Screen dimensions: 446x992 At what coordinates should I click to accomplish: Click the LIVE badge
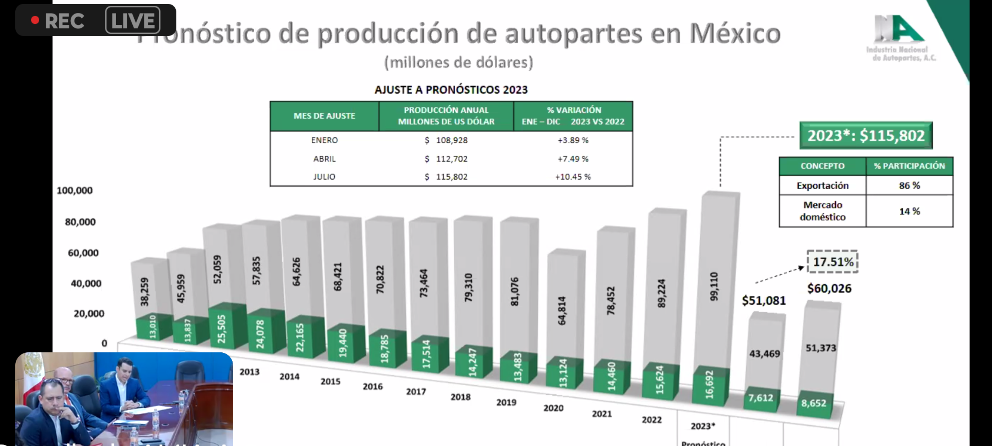pos(133,20)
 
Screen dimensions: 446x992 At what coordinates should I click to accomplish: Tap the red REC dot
pos(35,20)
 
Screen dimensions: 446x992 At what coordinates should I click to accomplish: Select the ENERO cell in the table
pos(324,140)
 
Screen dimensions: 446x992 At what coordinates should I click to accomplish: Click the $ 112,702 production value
pos(446,159)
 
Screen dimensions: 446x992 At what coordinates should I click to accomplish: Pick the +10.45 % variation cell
pos(573,177)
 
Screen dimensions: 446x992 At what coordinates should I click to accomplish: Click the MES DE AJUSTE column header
pos(324,116)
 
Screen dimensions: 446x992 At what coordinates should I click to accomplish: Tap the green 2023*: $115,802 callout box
pos(866,135)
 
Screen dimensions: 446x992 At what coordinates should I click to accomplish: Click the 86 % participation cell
pos(909,186)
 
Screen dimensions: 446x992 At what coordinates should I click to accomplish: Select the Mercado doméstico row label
pos(823,211)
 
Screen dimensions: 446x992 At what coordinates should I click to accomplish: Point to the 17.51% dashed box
pos(833,262)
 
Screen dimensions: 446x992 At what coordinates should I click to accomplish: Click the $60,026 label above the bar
pos(829,288)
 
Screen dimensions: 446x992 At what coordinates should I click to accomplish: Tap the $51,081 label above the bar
pos(763,301)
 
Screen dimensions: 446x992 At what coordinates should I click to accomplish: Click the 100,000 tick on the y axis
pos(75,190)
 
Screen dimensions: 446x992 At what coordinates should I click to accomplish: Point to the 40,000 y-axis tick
pos(86,283)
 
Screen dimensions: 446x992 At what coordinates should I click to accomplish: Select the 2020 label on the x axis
pos(553,408)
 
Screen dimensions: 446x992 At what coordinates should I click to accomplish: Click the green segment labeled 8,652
pos(813,403)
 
